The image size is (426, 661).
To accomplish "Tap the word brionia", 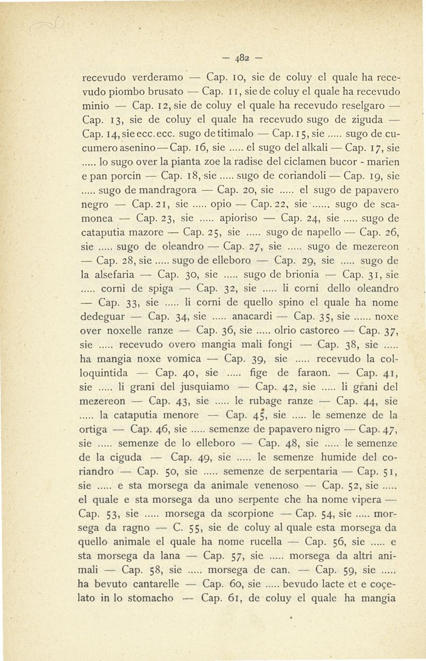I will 300,289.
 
